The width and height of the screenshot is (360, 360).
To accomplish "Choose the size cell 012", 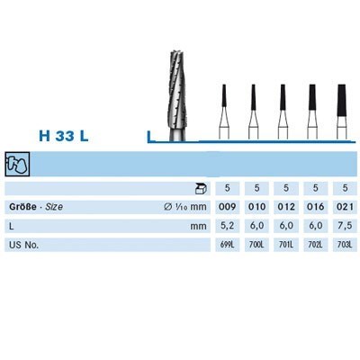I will tap(284, 207).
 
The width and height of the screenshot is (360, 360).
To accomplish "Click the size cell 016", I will tap(313, 207).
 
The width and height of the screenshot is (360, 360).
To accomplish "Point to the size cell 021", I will tap(342, 207).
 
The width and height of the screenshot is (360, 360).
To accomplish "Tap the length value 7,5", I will tap(342, 225).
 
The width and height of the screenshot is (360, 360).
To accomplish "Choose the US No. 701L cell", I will tap(284, 244).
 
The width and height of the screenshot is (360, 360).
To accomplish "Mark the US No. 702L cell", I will tap(313, 244).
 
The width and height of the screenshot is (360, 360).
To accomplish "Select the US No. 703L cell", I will tap(342, 244).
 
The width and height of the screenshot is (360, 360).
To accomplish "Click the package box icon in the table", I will tap(200, 189).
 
